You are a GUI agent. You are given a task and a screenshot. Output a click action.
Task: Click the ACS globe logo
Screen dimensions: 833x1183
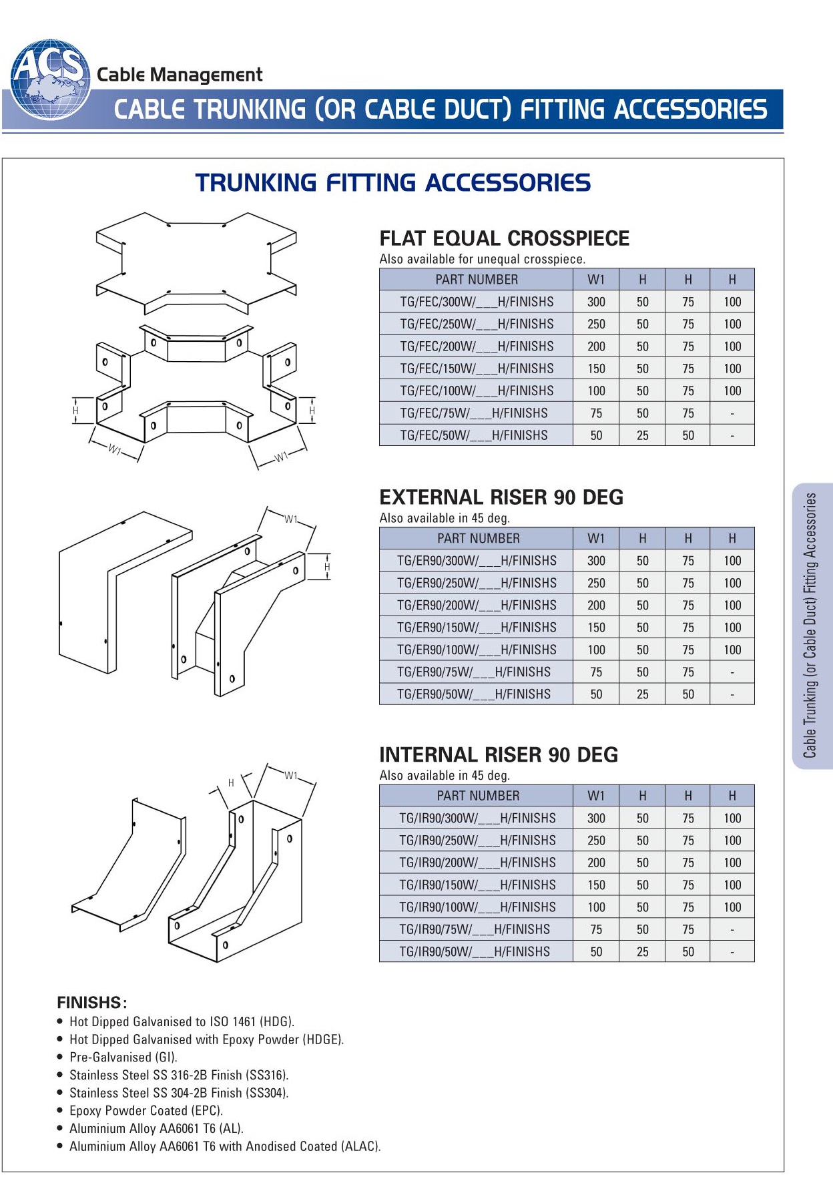click(x=51, y=79)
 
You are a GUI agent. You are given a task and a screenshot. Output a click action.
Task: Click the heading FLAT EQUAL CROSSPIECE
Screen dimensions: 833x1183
click(x=504, y=238)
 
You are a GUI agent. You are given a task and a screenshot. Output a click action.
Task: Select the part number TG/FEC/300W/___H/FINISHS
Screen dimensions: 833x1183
click(x=477, y=302)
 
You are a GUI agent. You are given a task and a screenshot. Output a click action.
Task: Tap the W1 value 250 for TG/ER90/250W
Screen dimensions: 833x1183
click(x=596, y=583)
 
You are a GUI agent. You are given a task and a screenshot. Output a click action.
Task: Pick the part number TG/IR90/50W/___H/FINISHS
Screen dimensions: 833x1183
click(x=475, y=951)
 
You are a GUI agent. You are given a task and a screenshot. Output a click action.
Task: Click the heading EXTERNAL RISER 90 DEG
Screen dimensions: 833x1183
click(x=501, y=497)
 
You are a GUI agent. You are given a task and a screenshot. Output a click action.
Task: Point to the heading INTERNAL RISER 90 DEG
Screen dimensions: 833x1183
click(x=499, y=755)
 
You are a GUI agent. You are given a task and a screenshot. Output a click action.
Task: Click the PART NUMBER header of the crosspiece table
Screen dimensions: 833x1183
click(x=477, y=280)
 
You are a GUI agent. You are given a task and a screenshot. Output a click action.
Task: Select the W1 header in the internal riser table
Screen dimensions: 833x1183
click(x=596, y=796)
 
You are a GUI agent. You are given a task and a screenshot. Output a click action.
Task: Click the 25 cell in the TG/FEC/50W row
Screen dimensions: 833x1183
click(x=642, y=435)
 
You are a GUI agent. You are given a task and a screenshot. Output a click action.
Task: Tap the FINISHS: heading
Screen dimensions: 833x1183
click(x=92, y=1003)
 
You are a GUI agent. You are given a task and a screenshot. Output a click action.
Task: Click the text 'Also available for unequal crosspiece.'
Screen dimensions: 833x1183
click(x=483, y=259)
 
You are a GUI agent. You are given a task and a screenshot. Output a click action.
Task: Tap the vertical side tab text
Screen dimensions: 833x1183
click(x=810, y=626)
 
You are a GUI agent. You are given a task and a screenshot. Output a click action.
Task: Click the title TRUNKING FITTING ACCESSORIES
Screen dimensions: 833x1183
click(x=393, y=182)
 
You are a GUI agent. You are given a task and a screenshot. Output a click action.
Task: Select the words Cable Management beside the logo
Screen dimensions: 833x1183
click(x=180, y=75)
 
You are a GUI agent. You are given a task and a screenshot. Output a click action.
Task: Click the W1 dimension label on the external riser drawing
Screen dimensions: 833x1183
click(x=291, y=519)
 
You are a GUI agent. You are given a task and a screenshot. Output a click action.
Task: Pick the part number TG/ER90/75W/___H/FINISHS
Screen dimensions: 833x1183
click(x=474, y=672)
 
